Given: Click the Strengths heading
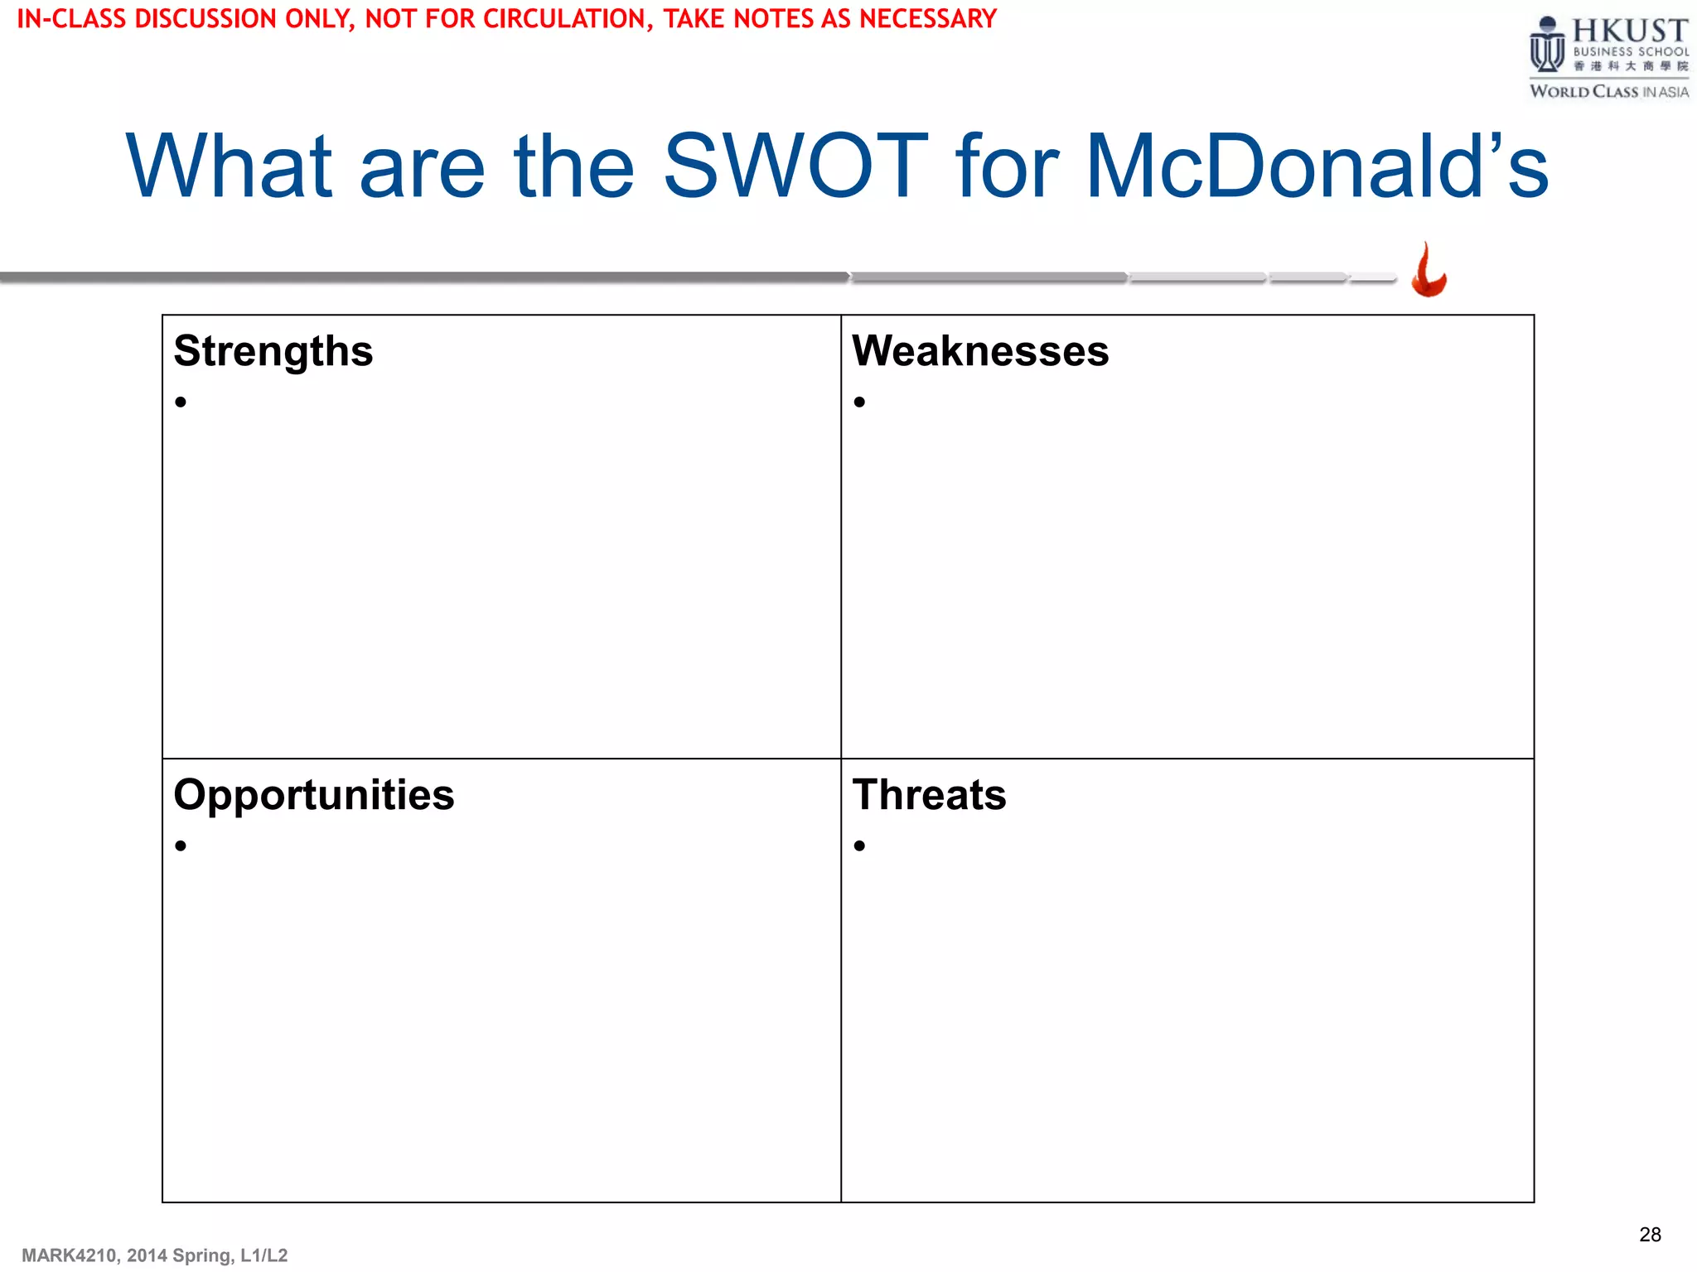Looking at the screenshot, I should click(273, 351).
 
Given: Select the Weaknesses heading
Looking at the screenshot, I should click(979, 351).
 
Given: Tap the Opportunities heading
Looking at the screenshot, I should click(313, 795).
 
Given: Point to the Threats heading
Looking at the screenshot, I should click(929, 795).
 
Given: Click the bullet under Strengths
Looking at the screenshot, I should click(181, 402).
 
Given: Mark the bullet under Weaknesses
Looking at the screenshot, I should click(859, 402).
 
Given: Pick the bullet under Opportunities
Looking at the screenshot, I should click(181, 846).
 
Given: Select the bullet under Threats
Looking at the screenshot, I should click(859, 846).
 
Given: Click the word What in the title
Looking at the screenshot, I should click(229, 166).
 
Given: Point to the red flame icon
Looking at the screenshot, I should click(1429, 271).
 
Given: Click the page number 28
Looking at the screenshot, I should click(1649, 1235).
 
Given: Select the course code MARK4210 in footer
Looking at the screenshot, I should click(69, 1255).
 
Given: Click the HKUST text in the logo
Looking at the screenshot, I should click(1629, 31).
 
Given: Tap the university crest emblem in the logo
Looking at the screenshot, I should click(1546, 46).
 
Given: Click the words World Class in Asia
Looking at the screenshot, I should click(1608, 92).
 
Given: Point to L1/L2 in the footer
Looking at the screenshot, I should click(263, 1255).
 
